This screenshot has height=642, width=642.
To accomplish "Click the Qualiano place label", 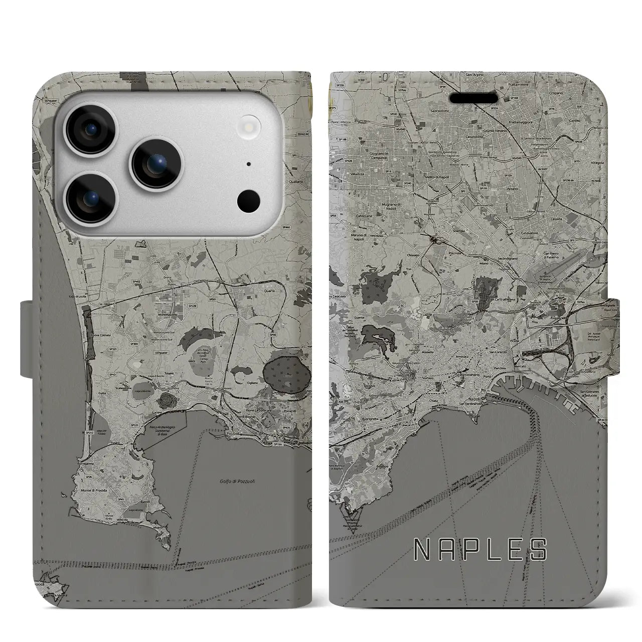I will (x=291, y=184).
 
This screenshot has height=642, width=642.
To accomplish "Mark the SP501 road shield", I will (x=213, y=299).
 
